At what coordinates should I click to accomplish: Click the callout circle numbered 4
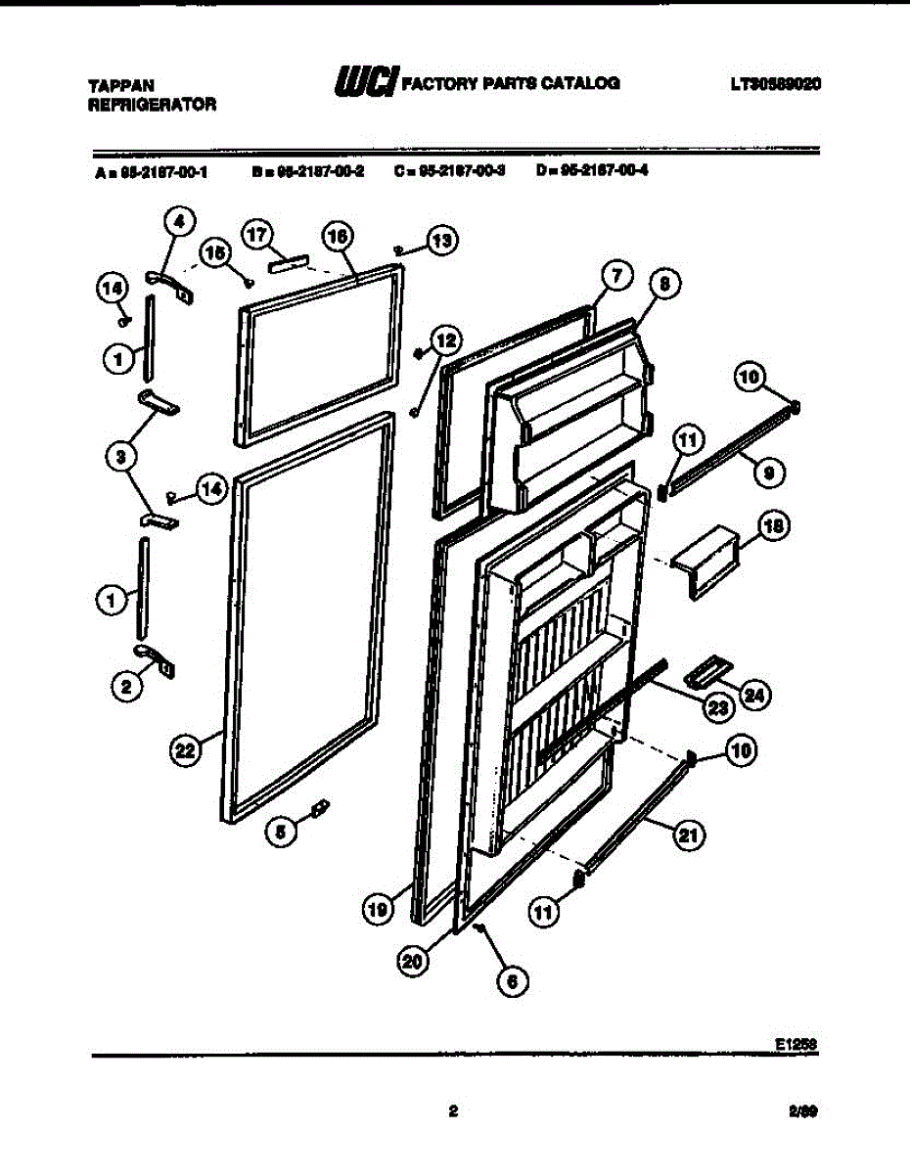[178, 221]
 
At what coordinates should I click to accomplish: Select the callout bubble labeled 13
[442, 241]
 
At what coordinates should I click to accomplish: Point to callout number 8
[664, 285]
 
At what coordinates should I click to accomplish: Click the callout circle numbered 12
[445, 340]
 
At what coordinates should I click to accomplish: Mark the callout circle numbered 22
[183, 750]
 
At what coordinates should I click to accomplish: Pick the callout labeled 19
[378, 910]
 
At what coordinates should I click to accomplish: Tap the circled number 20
[415, 962]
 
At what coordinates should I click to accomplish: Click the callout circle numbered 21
[689, 835]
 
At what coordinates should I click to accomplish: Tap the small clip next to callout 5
[318, 808]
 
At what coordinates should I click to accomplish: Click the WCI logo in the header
[364, 82]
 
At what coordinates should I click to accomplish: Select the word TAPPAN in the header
[120, 86]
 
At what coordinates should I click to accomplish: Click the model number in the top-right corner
[773, 84]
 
